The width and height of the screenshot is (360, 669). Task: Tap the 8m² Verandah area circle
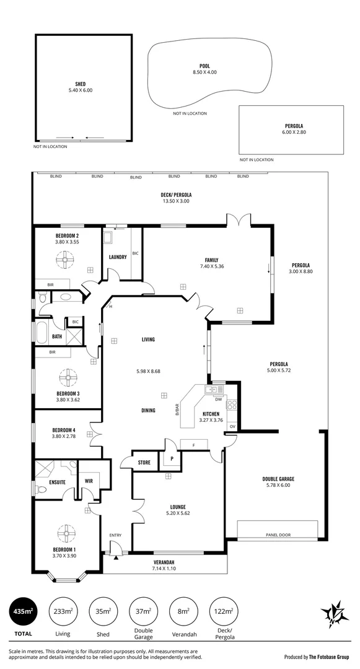click(182, 612)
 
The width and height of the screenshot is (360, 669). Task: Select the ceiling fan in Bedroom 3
click(66, 377)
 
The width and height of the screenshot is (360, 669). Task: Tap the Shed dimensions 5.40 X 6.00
click(81, 90)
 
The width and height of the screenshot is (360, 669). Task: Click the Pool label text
click(204, 65)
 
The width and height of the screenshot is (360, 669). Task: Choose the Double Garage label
click(278, 479)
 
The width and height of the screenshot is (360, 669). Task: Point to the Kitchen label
click(211, 413)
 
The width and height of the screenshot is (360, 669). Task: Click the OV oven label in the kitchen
click(232, 427)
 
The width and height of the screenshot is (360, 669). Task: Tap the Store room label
click(144, 462)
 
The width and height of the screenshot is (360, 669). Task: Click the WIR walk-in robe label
click(89, 480)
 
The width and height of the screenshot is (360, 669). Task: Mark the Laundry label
click(118, 257)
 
